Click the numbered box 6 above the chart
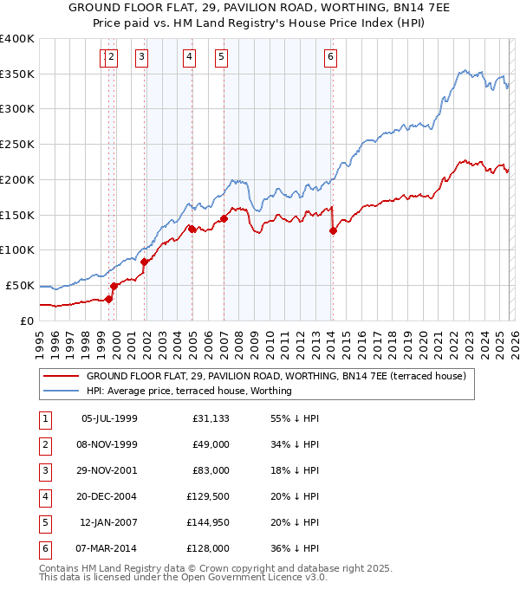click(x=330, y=58)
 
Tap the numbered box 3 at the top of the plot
click(x=140, y=58)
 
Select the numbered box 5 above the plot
click(x=221, y=58)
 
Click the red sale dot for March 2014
click(x=333, y=230)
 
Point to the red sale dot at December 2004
click(x=192, y=229)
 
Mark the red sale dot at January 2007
click(x=224, y=218)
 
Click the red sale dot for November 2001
click(x=145, y=262)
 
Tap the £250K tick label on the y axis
click(x=17, y=144)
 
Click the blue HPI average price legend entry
click(x=189, y=391)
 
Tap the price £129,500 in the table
click(x=208, y=497)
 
